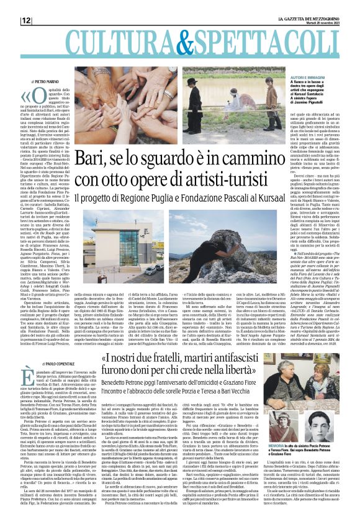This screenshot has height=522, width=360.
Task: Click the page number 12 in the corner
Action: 27,20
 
